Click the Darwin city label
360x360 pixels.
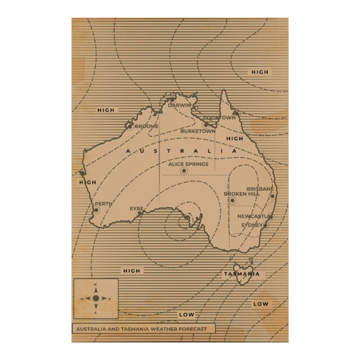coord(179,105)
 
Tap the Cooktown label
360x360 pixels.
coord(219,118)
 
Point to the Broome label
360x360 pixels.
coord(146,126)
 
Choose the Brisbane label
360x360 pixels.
coord(260,189)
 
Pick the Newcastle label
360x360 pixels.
coord(253,216)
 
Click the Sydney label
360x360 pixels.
coord(252,225)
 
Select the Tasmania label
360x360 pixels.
coord(241,274)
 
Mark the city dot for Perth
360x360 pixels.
coord(96,210)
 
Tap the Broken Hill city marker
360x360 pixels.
coord(233,200)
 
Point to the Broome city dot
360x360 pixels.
coord(130,126)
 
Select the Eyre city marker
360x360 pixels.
coord(140,213)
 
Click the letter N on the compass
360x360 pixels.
coord(96,286)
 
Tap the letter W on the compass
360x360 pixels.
coord(82,299)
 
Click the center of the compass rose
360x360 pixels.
coord(96,299)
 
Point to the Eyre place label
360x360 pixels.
coord(136,209)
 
